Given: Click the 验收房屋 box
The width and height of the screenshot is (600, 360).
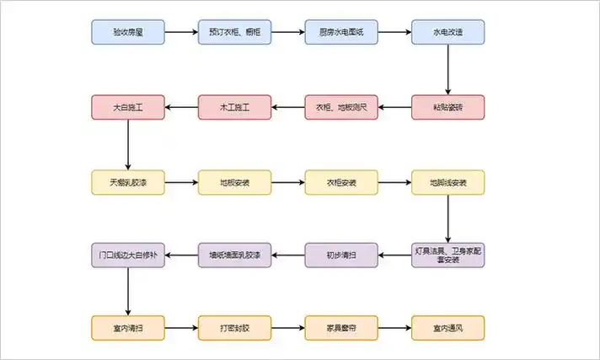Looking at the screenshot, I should [x=127, y=33].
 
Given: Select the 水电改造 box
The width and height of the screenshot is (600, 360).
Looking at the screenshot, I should [x=447, y=33].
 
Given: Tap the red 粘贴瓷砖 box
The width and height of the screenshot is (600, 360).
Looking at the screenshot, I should [x=447, y=107].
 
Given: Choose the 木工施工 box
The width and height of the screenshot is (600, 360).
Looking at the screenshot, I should [x=234, y=107].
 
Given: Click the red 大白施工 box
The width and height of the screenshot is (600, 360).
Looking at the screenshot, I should [x=127, y=107].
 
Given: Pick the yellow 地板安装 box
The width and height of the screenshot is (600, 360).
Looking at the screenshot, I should [x=234, y=182].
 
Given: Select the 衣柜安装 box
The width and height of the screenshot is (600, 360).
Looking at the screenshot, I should [x=341, y=182].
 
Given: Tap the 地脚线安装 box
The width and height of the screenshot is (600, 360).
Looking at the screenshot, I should [x=447, y=182].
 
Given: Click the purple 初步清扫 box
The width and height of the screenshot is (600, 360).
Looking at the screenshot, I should [x=341, y=255].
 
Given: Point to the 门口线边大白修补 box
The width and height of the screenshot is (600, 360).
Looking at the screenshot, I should [x=127, y=255].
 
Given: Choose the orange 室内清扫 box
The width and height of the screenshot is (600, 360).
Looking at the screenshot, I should [x=127, y=327].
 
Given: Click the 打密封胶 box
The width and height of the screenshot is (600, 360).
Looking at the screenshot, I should [x=234, y=327].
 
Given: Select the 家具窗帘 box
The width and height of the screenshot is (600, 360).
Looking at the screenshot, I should [x=341, y=327].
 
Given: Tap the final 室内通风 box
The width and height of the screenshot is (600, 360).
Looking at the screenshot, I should [x=447, y=327].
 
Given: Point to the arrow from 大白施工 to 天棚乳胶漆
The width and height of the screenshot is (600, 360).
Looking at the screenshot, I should [x=127, y=144].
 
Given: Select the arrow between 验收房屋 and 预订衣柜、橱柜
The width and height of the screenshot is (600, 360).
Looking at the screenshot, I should [x=180, y=33].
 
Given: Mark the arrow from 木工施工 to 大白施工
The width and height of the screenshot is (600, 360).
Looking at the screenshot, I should [x=180, y=107].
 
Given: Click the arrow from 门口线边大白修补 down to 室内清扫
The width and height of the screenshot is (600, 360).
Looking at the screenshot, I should [x=127, y=291].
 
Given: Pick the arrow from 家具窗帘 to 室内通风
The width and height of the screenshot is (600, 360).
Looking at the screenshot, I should [x=394, y=327].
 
